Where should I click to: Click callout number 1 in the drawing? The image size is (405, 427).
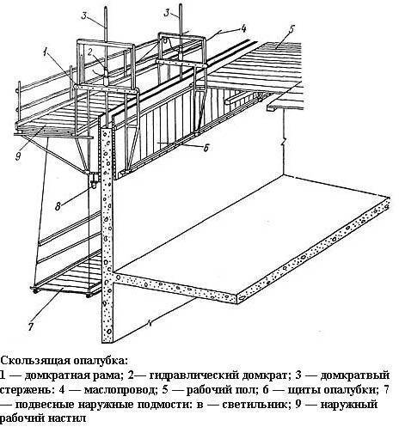[x=45, y=53]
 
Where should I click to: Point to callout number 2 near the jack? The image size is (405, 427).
[x=90, y=52]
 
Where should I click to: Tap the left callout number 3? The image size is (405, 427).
[x=84, y=15]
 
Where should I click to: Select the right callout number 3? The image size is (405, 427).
[x=167, y=13]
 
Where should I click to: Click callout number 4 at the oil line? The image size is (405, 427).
[x=243, y=28]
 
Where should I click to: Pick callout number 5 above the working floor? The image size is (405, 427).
[x=291, y=29]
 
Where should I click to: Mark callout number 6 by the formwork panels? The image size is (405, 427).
[x=206, y=148]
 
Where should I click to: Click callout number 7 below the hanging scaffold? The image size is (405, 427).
[x=31, y=326]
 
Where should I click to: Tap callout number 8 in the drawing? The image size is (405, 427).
[x=58, y=206]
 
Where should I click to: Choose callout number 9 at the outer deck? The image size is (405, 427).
[x=18, y=156]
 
